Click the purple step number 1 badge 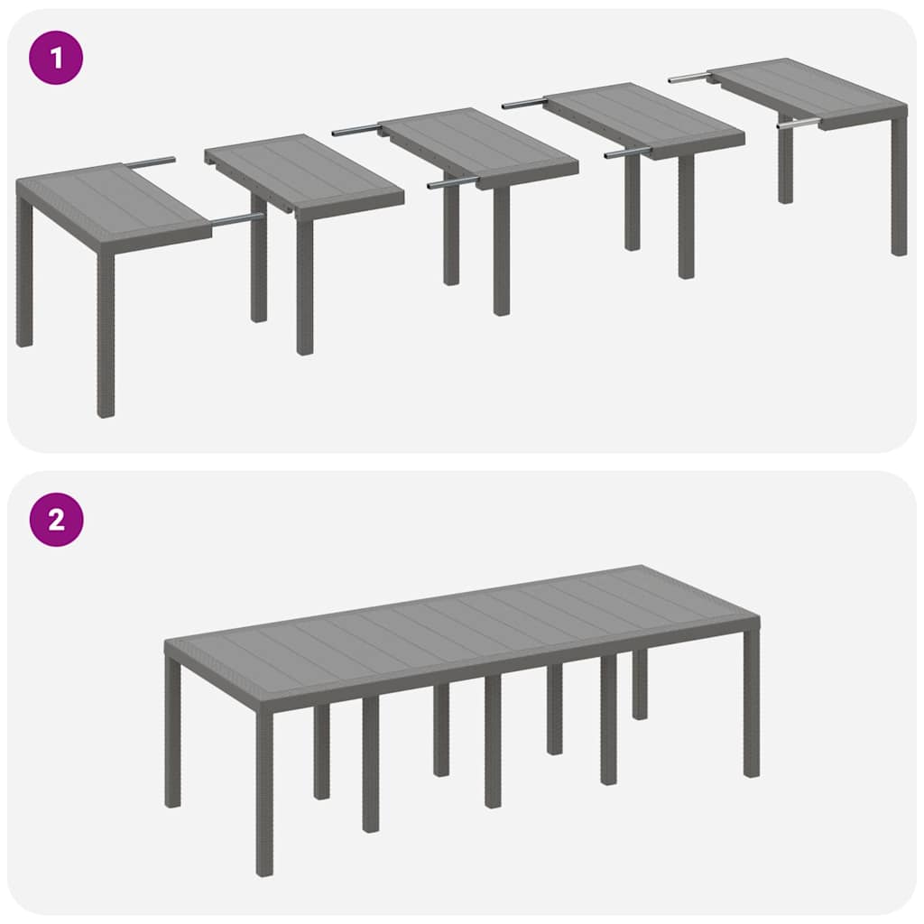(56, 59)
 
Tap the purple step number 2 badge (56, 520)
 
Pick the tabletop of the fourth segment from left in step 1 (646, 117)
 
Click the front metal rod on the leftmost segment (236, 218)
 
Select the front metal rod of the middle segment (451, 182)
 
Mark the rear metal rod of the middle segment (356, 131)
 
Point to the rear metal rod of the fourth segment (524, 104)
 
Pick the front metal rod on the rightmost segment (799, 123)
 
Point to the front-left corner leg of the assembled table (264, 794)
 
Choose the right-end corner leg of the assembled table (751, 704)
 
